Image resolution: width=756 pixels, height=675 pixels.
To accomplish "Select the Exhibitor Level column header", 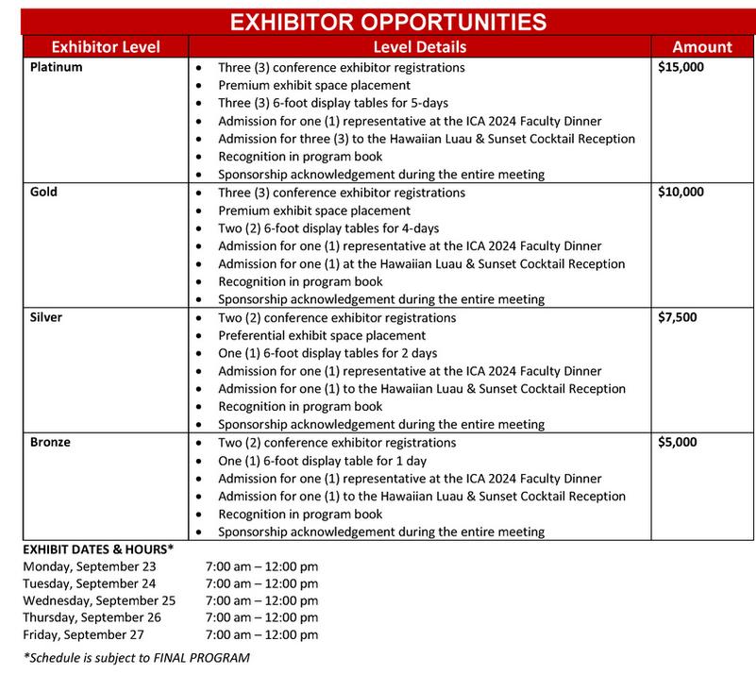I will point(105,47).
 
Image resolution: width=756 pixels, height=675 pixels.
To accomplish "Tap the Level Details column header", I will point(419,47).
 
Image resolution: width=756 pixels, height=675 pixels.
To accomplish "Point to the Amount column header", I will point(701,47).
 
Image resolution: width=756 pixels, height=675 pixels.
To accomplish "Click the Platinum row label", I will point(56,68).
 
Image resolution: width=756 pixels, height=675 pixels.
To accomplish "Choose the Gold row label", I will point(43,193).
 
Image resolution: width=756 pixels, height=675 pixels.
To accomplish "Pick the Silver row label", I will point(46,317).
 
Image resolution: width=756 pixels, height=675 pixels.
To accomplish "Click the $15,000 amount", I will point(680,68).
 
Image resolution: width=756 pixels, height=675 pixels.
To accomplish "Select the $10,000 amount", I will point(680,193).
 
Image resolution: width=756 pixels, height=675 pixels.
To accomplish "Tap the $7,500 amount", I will point(677,317).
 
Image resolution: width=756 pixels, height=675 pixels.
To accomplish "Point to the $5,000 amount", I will point(677,442).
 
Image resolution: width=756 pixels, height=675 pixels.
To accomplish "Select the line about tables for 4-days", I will point(328,228).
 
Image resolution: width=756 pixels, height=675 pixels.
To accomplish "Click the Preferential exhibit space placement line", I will point(323,335).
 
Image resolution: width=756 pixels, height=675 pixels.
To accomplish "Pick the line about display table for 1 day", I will point(323,461).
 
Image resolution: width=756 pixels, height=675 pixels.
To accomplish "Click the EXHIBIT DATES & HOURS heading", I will point(99,548).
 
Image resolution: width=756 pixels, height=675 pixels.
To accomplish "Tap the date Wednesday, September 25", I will point(99,600).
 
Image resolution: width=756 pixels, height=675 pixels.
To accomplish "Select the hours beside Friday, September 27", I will point(261,635).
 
